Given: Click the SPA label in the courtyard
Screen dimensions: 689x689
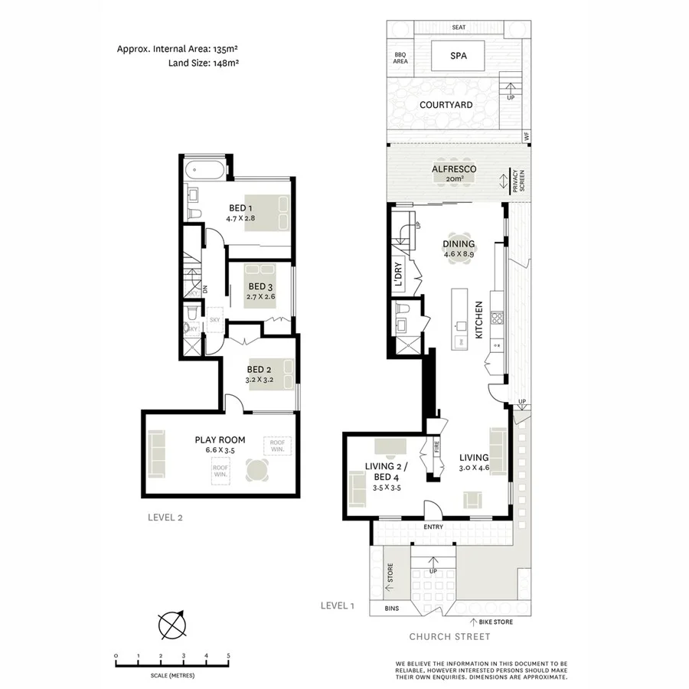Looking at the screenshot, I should click(459, 55).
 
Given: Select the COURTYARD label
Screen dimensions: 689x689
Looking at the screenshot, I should click(446, 105).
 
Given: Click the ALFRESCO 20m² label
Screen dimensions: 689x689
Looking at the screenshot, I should click(454, 173).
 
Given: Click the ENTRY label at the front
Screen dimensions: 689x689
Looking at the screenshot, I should click(433, 527).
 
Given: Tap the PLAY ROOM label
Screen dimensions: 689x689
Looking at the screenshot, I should click(219, 444).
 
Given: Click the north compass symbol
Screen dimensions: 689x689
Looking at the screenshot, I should click(172, 624).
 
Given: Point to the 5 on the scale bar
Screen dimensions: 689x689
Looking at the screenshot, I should click(228, 656).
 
